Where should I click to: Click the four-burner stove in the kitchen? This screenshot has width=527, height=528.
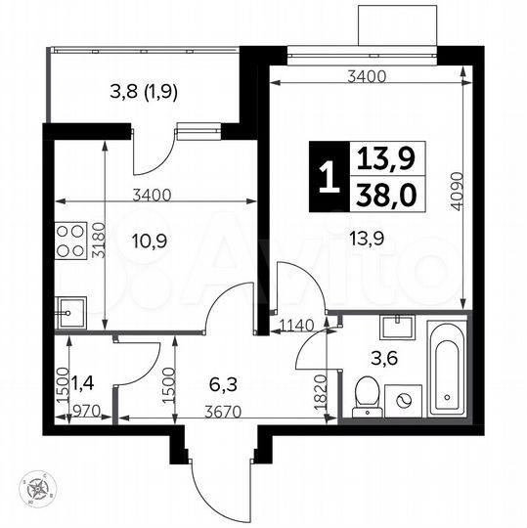70,239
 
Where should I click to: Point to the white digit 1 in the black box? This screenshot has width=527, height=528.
328,177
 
